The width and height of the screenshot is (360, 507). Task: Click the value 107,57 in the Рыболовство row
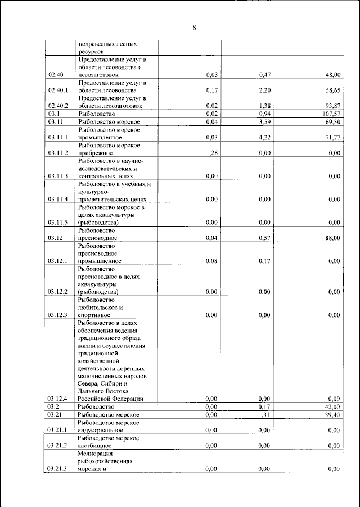tap(330, 114)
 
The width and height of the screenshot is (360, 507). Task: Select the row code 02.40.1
tap(58, 90)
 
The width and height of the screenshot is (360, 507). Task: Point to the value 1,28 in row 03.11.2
tap(211, 152)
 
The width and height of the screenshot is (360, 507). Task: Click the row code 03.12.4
tap(58, 399)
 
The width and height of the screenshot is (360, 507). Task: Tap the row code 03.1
tap(54, 114)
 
